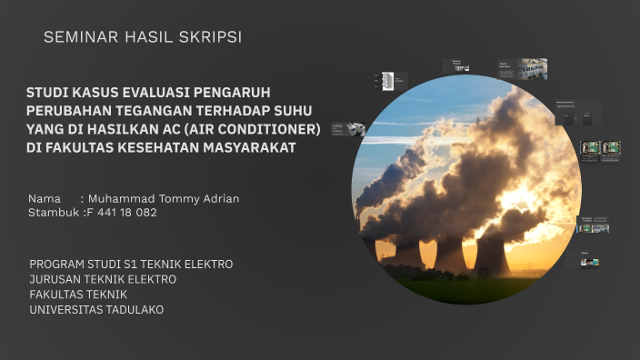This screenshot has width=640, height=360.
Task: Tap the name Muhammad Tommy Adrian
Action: click(x=164, y=198)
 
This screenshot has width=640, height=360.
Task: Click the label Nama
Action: click(x=45, y=198)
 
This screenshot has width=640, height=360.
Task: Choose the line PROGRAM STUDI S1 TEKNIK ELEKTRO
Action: click(x=131, y=265)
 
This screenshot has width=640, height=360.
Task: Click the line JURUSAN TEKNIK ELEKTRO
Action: click(x=103, y=279)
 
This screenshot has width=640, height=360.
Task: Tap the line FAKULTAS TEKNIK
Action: click(x=78, y=295)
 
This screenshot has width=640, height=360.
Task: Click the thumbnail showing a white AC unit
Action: click(x=387, y=81)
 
